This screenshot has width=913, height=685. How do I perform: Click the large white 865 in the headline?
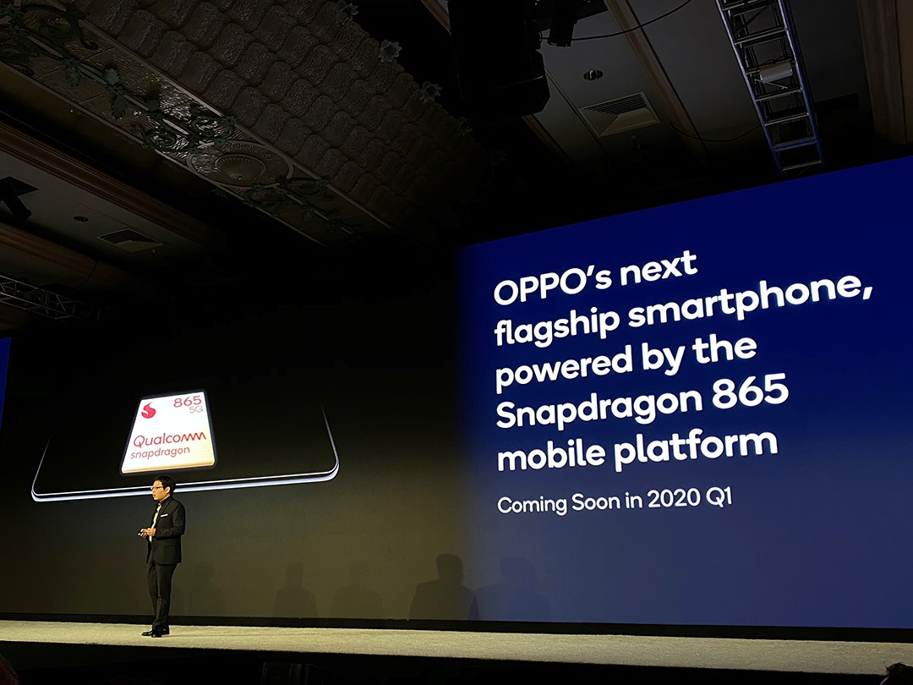pyautogui.click(x=748, y=394)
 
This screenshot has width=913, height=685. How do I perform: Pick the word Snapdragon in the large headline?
pyautogui.click(x=596, y=408)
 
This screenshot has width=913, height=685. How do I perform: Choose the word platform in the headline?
pyautogui.click(x=694, y=446)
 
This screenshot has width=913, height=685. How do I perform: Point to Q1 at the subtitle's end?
pyautogui.click(x=717, y=498)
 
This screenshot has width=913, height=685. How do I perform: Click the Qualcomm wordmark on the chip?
pyautogui.click(x=168, y=440)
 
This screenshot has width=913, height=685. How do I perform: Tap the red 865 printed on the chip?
pyautogui.click(x=188, y=402)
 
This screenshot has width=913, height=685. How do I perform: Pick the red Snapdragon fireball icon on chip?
pyautogui.click(x=149, y=411)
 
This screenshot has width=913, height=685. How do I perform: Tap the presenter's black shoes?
pyautogui.click(x=156, y=631)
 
